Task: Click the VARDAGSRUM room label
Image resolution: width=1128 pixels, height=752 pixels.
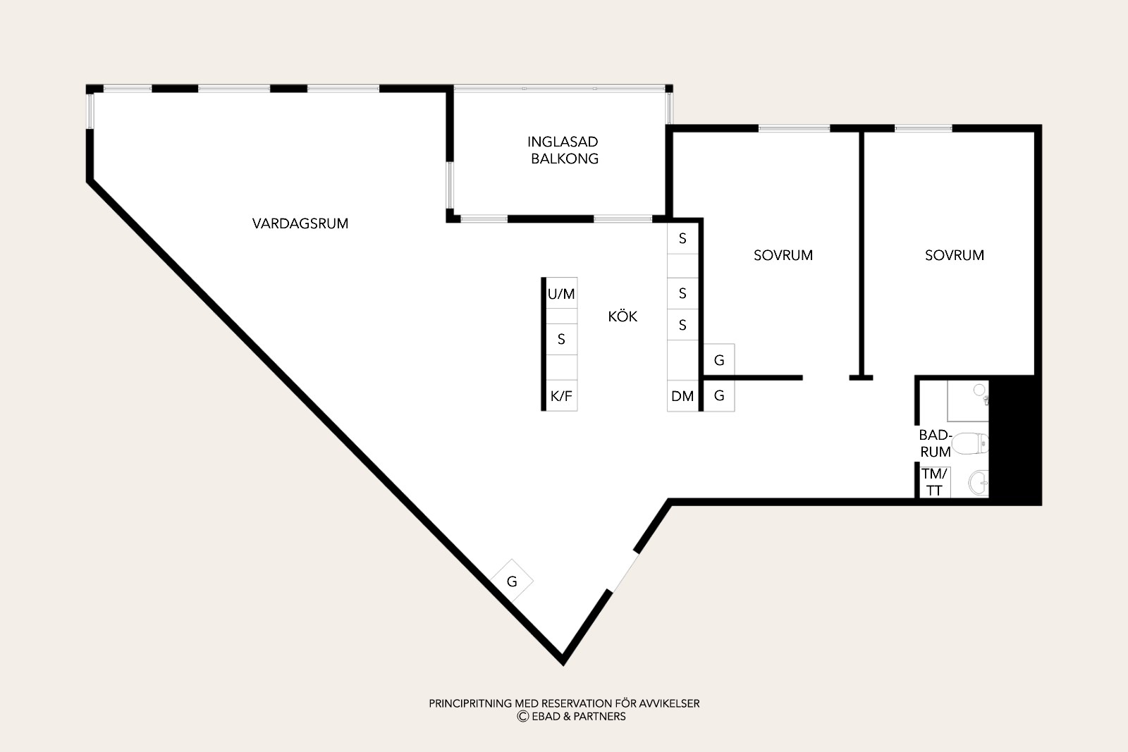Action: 300,223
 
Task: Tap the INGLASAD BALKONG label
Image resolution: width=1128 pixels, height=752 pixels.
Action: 563,150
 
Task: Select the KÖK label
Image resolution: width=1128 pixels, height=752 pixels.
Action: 623,316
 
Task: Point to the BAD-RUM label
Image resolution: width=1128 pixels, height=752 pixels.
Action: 935,443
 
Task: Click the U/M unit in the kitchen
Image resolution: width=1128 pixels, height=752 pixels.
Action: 561,293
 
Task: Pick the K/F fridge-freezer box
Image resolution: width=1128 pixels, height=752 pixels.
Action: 561,395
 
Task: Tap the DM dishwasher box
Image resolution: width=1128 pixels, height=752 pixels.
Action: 682,396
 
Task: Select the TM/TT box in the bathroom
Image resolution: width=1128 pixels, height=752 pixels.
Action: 935,481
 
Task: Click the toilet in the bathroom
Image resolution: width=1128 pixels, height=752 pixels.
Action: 970,443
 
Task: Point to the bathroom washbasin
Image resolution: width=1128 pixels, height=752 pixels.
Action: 979,483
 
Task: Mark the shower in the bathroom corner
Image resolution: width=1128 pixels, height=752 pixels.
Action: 968,400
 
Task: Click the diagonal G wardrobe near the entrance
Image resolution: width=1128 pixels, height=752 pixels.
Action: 512,581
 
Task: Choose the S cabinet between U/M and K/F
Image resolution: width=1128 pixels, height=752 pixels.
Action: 561,339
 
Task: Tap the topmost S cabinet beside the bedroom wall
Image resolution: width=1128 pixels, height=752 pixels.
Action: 682,238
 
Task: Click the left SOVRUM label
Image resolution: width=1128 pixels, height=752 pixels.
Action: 783,255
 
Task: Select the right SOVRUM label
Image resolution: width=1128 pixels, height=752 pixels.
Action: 955,255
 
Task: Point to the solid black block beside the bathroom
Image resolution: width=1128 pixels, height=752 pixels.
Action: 1015,440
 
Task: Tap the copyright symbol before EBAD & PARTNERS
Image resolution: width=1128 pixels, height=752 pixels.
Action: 522,716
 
